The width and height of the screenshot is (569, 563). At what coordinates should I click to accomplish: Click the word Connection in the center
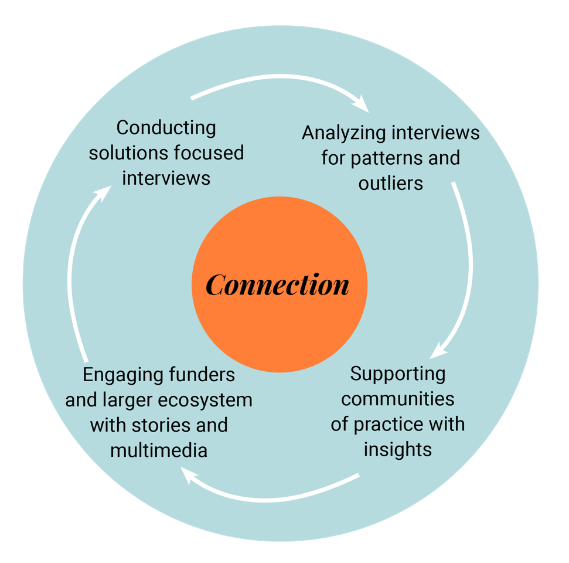pos(278,285)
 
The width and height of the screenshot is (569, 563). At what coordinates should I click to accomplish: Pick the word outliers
pos(391,183)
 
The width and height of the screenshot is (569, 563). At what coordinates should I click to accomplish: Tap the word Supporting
pos(398,373)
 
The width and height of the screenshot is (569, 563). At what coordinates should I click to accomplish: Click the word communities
pos(398,399)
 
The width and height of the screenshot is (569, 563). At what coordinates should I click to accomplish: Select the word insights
pos(398,449)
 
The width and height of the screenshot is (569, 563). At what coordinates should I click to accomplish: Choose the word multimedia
pos(159,450)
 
